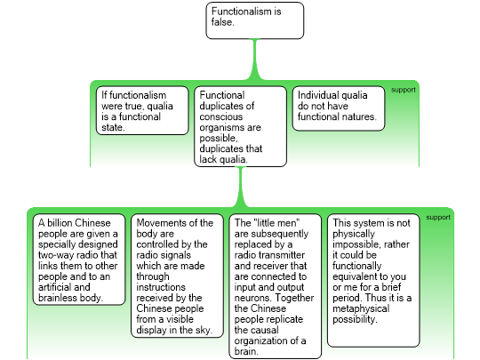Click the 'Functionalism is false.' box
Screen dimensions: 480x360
pos(255,20)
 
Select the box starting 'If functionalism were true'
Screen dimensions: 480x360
pos(142,110)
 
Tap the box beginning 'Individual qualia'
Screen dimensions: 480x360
pos(339,108)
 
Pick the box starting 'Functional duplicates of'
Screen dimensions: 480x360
pos(240,126)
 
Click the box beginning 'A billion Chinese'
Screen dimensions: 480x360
pos(79,260)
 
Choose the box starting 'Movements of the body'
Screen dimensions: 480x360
pos(177,276)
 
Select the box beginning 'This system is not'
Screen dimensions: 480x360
pos(373,280)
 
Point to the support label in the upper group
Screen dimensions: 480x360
pos(404,90)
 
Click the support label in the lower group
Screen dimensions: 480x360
pos(438,218)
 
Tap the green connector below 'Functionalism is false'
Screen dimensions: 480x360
pos(255,60)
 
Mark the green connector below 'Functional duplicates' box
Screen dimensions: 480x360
pos(240,188)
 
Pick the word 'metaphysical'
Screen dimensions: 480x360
pos(361,308)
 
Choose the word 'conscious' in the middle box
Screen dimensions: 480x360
pos(220,116)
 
